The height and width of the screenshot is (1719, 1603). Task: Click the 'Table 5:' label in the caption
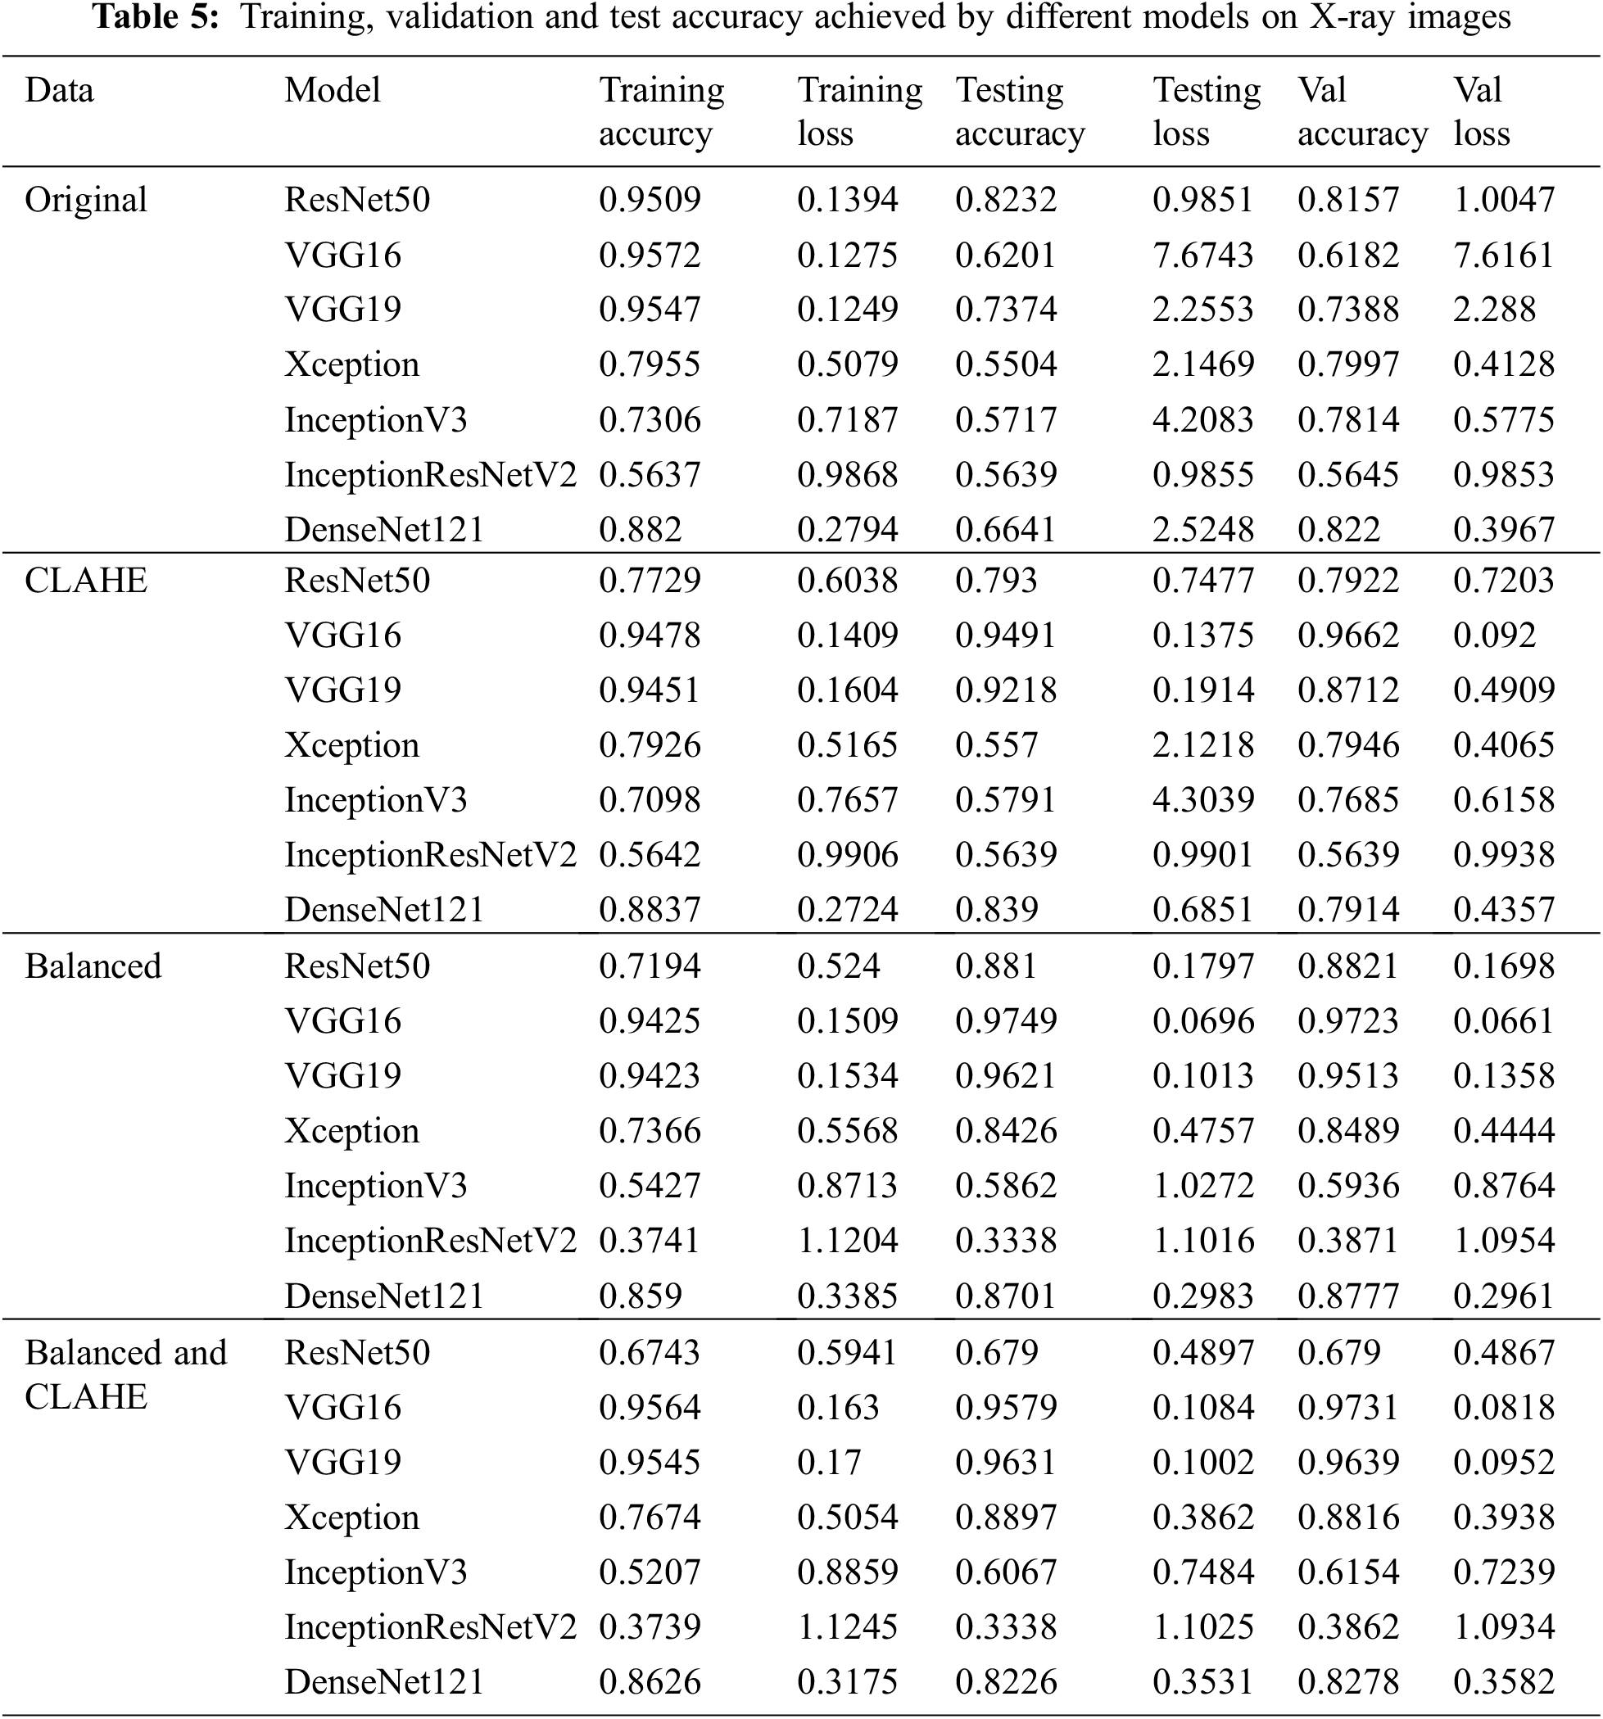point(156,17)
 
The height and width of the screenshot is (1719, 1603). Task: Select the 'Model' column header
point(332,90)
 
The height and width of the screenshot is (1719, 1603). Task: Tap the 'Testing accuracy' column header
point(1019,111)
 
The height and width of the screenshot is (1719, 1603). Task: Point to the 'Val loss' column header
point(1481,111)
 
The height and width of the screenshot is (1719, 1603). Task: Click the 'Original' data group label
point(85,200)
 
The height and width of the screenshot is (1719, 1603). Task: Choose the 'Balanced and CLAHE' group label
point(125,1374)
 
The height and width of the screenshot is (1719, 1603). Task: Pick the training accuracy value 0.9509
point(650,200)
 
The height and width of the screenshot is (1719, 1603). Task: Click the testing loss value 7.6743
point(1202,255)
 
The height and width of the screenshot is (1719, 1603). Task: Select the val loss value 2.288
point(1494,310)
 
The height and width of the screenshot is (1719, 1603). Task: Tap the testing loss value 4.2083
point(1202,419)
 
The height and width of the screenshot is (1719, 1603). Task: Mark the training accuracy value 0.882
point(640,529)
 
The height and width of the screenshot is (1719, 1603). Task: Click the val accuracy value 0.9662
point(1348,636)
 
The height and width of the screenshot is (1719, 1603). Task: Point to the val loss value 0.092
point(1494,636)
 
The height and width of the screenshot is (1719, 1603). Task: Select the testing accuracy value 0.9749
point(1006,1021)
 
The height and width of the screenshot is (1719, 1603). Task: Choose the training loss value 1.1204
point(847,1241)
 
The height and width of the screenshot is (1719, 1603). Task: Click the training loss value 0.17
point(828,1462)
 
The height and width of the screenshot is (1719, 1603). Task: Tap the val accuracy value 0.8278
point(1348,1682)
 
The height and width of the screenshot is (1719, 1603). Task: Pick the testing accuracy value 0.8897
point(1006,1518)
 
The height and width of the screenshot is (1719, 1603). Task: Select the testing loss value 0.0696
point(1202,1021)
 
